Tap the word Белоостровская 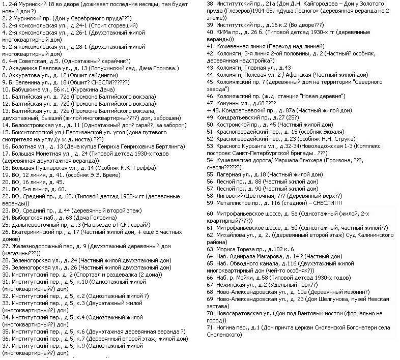[x=34, y=124]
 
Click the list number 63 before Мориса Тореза [x=210, y=250]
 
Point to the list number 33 [x=5, y=303]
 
